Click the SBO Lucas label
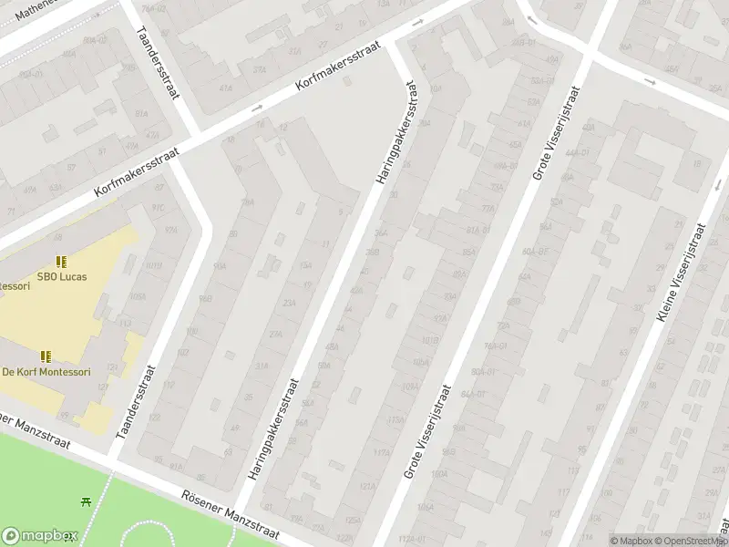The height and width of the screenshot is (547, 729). [62, 276]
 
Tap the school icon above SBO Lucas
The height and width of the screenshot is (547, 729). [62, 263]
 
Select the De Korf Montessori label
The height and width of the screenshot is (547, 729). [46, 371]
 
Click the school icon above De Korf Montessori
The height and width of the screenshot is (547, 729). [46, 356]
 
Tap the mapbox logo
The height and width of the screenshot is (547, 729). [37, 536]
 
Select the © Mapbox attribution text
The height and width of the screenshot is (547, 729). [631, 541]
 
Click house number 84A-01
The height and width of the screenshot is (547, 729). [473, 394]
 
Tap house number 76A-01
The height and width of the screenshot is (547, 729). [496, 346]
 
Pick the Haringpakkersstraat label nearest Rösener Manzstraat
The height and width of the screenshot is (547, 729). [272, 430]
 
